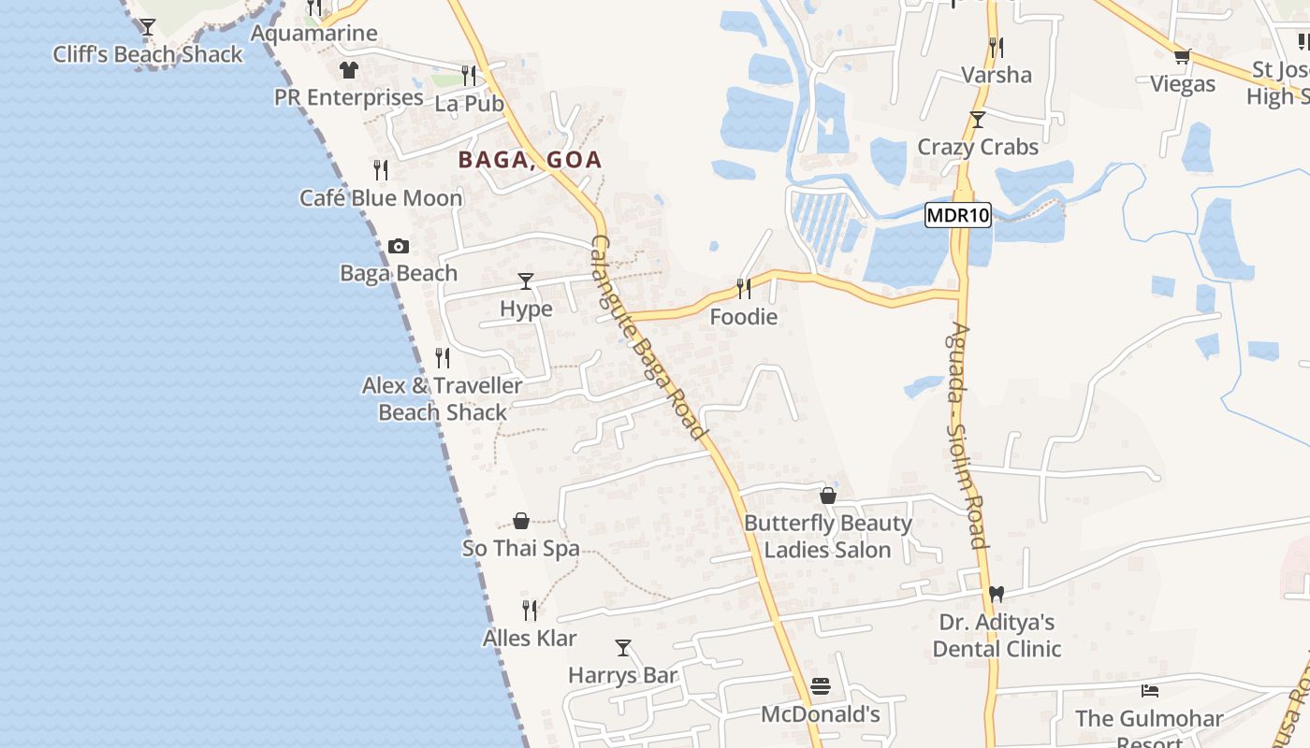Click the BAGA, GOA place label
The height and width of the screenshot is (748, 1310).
click(530, 160)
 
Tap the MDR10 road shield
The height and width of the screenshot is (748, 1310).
click(957, 216)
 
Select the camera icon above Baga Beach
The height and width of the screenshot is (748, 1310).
click(399, 246)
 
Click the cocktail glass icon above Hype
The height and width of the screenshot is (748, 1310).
click(526, 281)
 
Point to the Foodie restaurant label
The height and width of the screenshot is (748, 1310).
click(743, 317)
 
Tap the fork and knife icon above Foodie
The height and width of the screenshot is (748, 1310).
click(744, 288)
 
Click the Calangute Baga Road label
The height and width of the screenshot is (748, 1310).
click(647, 337)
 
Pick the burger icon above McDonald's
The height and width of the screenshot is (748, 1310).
click(821, 687)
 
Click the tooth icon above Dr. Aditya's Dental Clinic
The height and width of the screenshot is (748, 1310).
click(997, 594)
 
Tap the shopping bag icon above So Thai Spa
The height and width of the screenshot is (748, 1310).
click(521, 521)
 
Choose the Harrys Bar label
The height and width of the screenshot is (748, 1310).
click(623, 675)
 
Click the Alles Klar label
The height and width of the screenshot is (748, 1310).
click(530, 639)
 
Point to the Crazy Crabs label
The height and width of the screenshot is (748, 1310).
click(978, 147)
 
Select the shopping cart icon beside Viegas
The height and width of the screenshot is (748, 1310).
click(1182, 57)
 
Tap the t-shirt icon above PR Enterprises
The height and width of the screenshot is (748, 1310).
click(349, 69)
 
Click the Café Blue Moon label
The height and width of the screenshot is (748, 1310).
click(381, 198)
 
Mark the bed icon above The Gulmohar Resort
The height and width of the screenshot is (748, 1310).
click(1150, 691)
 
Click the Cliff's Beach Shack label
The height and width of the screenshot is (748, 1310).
click(148, 54)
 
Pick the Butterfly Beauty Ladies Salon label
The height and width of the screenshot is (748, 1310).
click(827, 536)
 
